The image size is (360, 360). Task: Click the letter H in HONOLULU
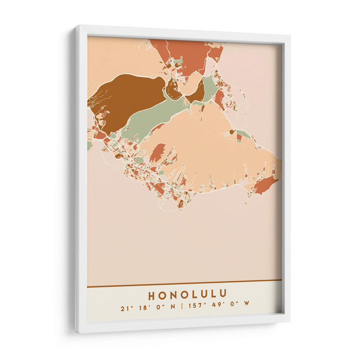pyautogui.click(x=152, y=295)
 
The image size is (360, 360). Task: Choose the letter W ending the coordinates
pyautogui.click(x=246, y=303)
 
